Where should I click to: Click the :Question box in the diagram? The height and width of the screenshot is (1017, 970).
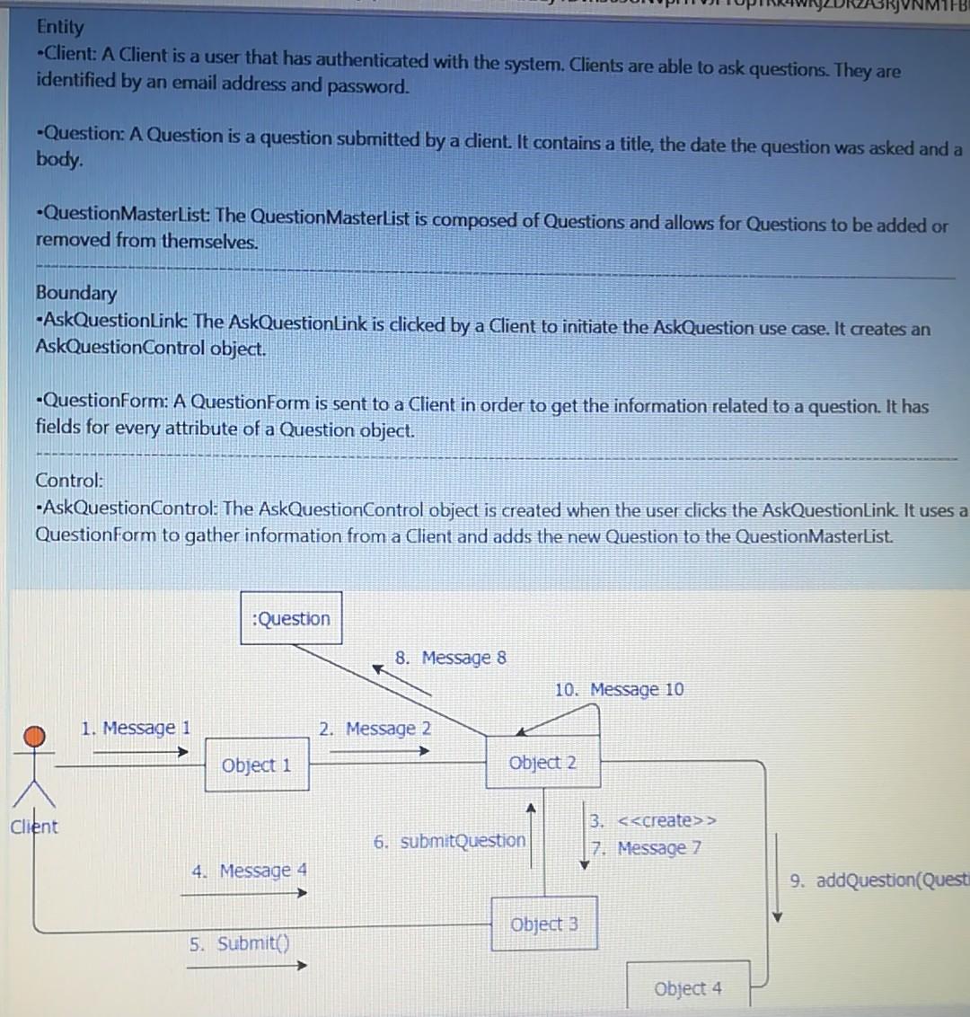point(291,618)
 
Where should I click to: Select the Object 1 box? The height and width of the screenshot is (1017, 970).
point(257,765)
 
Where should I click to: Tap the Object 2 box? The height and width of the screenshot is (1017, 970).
point(542,763)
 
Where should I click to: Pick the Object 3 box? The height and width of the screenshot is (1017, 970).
point(544,924)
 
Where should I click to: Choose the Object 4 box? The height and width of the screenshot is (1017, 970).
point(688,988)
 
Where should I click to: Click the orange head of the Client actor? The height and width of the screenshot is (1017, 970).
point(34,737)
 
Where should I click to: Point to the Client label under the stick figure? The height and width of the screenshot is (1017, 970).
point(33,827)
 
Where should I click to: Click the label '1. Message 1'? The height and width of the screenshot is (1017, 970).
point(136,728)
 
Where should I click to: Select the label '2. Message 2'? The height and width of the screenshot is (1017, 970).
point(375,729)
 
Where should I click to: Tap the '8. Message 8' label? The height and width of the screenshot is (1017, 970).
point(451,658)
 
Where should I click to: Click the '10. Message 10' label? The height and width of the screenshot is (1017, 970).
point(619,689)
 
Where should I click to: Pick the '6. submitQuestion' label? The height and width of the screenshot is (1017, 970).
point(449,841)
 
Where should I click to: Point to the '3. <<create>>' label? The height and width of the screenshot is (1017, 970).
point(653,820)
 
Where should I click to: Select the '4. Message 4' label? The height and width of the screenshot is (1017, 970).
point(249,871)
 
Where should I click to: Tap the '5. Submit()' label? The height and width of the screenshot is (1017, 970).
point(240,943)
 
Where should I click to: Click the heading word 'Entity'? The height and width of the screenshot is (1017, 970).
point(60,27)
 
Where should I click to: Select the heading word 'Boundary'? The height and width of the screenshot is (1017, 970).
point(76,293)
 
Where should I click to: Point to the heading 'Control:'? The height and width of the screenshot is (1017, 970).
point(70,481)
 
